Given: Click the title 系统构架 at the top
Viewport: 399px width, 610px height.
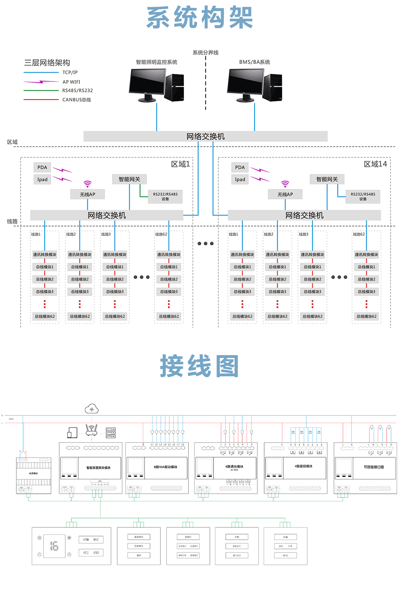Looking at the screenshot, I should (199, 18).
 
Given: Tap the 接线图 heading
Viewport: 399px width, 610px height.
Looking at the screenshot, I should (199, 366).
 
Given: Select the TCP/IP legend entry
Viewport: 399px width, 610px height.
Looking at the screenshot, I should (70, 72).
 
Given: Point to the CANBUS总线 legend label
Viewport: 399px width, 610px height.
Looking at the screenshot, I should (76, 100).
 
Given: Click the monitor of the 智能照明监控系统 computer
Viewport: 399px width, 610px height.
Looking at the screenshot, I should (148, 82).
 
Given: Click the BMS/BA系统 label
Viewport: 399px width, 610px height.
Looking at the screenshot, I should (255, 62).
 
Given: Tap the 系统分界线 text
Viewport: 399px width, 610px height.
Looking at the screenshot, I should (205, 52).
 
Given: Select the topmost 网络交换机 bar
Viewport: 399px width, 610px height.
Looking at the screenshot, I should (205, 137).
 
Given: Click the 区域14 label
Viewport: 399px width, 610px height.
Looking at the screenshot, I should (375, 164).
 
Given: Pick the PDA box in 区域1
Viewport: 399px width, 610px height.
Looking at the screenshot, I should (42, 167).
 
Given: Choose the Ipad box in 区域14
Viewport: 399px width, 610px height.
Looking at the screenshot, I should (240, 180).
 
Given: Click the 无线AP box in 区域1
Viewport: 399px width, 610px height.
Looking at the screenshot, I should (87, 195).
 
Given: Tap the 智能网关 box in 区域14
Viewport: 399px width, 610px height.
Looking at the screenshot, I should (327, 179).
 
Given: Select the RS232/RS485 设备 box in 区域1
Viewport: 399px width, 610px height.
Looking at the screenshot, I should (165, 197).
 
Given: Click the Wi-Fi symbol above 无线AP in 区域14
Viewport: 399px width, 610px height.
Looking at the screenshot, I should (285, 184).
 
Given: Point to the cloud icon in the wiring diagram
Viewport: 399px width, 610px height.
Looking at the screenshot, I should (92, 409).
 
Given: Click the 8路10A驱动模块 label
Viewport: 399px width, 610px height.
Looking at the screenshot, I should (166, 467).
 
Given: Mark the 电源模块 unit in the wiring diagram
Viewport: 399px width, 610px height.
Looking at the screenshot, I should (34, 474).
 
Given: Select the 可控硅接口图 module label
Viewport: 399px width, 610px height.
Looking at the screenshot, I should (374, 467).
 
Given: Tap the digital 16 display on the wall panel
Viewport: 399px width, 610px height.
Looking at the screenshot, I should (54, 546).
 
